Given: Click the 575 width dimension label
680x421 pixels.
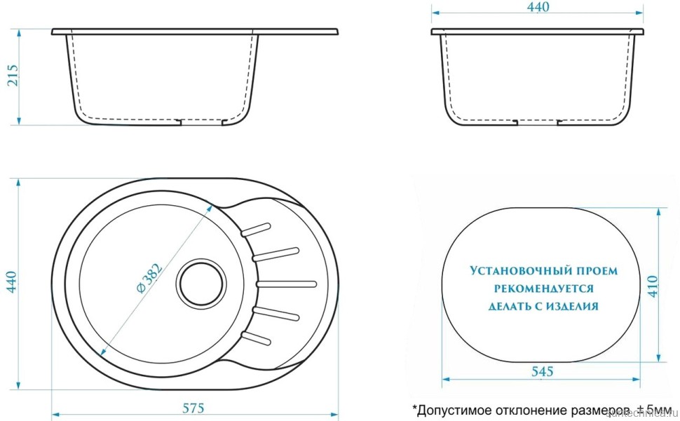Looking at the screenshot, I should click(x=193, y=407).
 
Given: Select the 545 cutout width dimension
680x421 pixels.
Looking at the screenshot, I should click(x=542, y=371).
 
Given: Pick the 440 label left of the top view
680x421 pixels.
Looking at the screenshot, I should click(x=12, y=282).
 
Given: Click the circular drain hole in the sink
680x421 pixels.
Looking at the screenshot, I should click(x=202, y=283).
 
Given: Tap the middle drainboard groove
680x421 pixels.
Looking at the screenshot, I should click(x=287, y=283).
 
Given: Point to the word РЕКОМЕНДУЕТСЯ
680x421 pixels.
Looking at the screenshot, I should click(x=544, y=288).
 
